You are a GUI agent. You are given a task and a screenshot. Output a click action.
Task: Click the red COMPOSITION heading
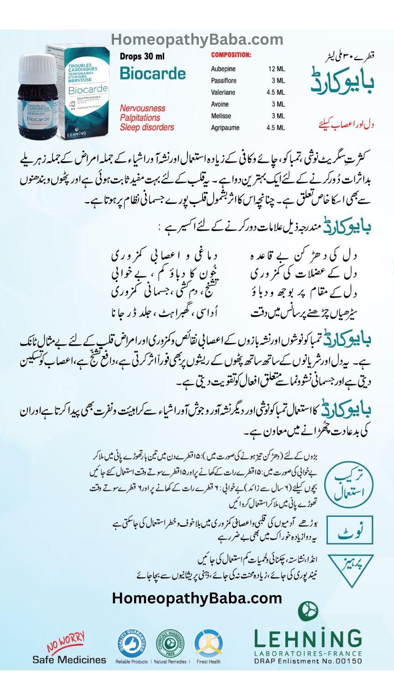coord(231,55)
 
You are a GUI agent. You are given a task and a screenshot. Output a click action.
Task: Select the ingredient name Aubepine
coord(223,69)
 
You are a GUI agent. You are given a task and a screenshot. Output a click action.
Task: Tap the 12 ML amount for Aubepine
coord(276,69)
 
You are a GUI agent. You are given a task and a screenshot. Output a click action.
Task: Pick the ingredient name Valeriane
coord(223,92)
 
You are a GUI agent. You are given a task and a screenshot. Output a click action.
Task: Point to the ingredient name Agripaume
coord(225,128)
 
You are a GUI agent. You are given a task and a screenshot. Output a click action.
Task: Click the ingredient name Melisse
coord(221,116)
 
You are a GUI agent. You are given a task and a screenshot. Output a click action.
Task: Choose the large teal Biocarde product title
coord(153,74)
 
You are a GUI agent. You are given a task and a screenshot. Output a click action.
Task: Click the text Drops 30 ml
coord(142,57)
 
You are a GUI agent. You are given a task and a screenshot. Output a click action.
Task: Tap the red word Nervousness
coord(142,108)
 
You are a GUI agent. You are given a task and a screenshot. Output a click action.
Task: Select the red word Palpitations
coord(140,118)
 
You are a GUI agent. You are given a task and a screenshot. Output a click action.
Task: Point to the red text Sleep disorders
coord(147,127)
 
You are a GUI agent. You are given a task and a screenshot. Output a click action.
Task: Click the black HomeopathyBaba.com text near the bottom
coord(197,598)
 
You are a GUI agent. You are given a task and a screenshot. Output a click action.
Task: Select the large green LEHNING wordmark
coord(308,638)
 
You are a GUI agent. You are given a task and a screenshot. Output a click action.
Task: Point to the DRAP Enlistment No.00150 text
coord(308,661)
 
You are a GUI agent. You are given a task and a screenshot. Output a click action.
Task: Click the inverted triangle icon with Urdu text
coord(350,568)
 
